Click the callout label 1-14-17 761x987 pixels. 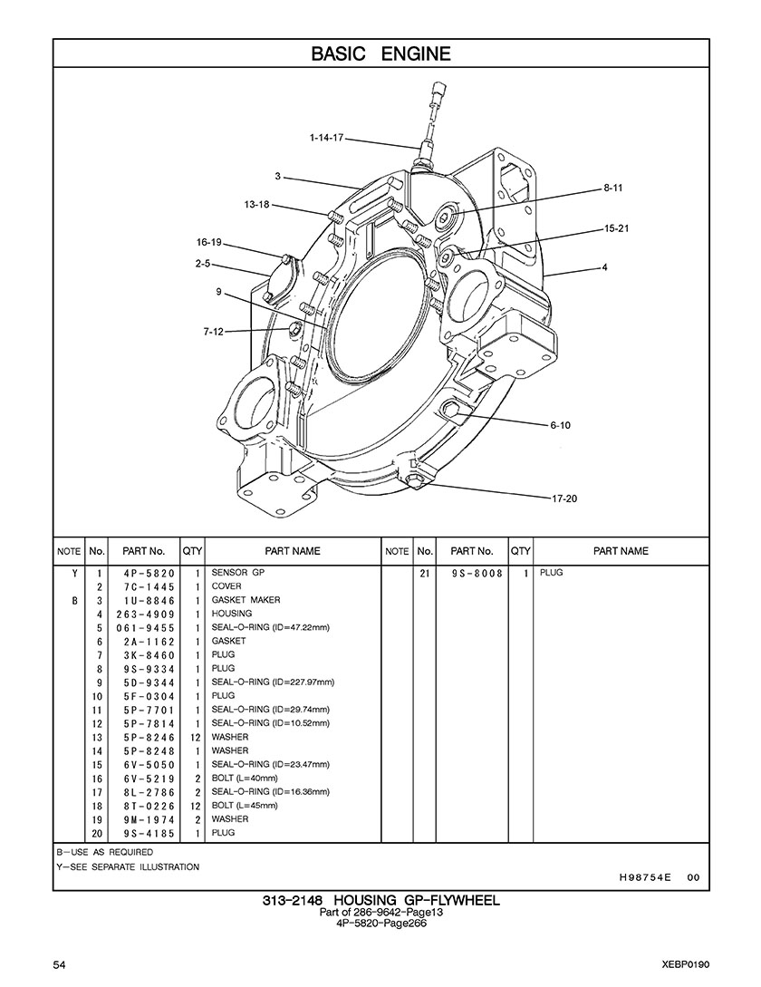click(x=326, y=137)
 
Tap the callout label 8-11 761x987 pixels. click(x=612, y=188)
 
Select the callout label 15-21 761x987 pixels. click(x=616, y=228)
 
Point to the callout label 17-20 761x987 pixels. click(x=564, y=498)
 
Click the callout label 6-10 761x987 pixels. click(x=560, y=425)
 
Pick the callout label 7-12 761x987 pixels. click(x=214, y=332)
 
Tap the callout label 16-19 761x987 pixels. click(x=209, y=242)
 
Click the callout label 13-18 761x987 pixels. click(x=256, y=205)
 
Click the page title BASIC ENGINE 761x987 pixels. click(x=380, y=53)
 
